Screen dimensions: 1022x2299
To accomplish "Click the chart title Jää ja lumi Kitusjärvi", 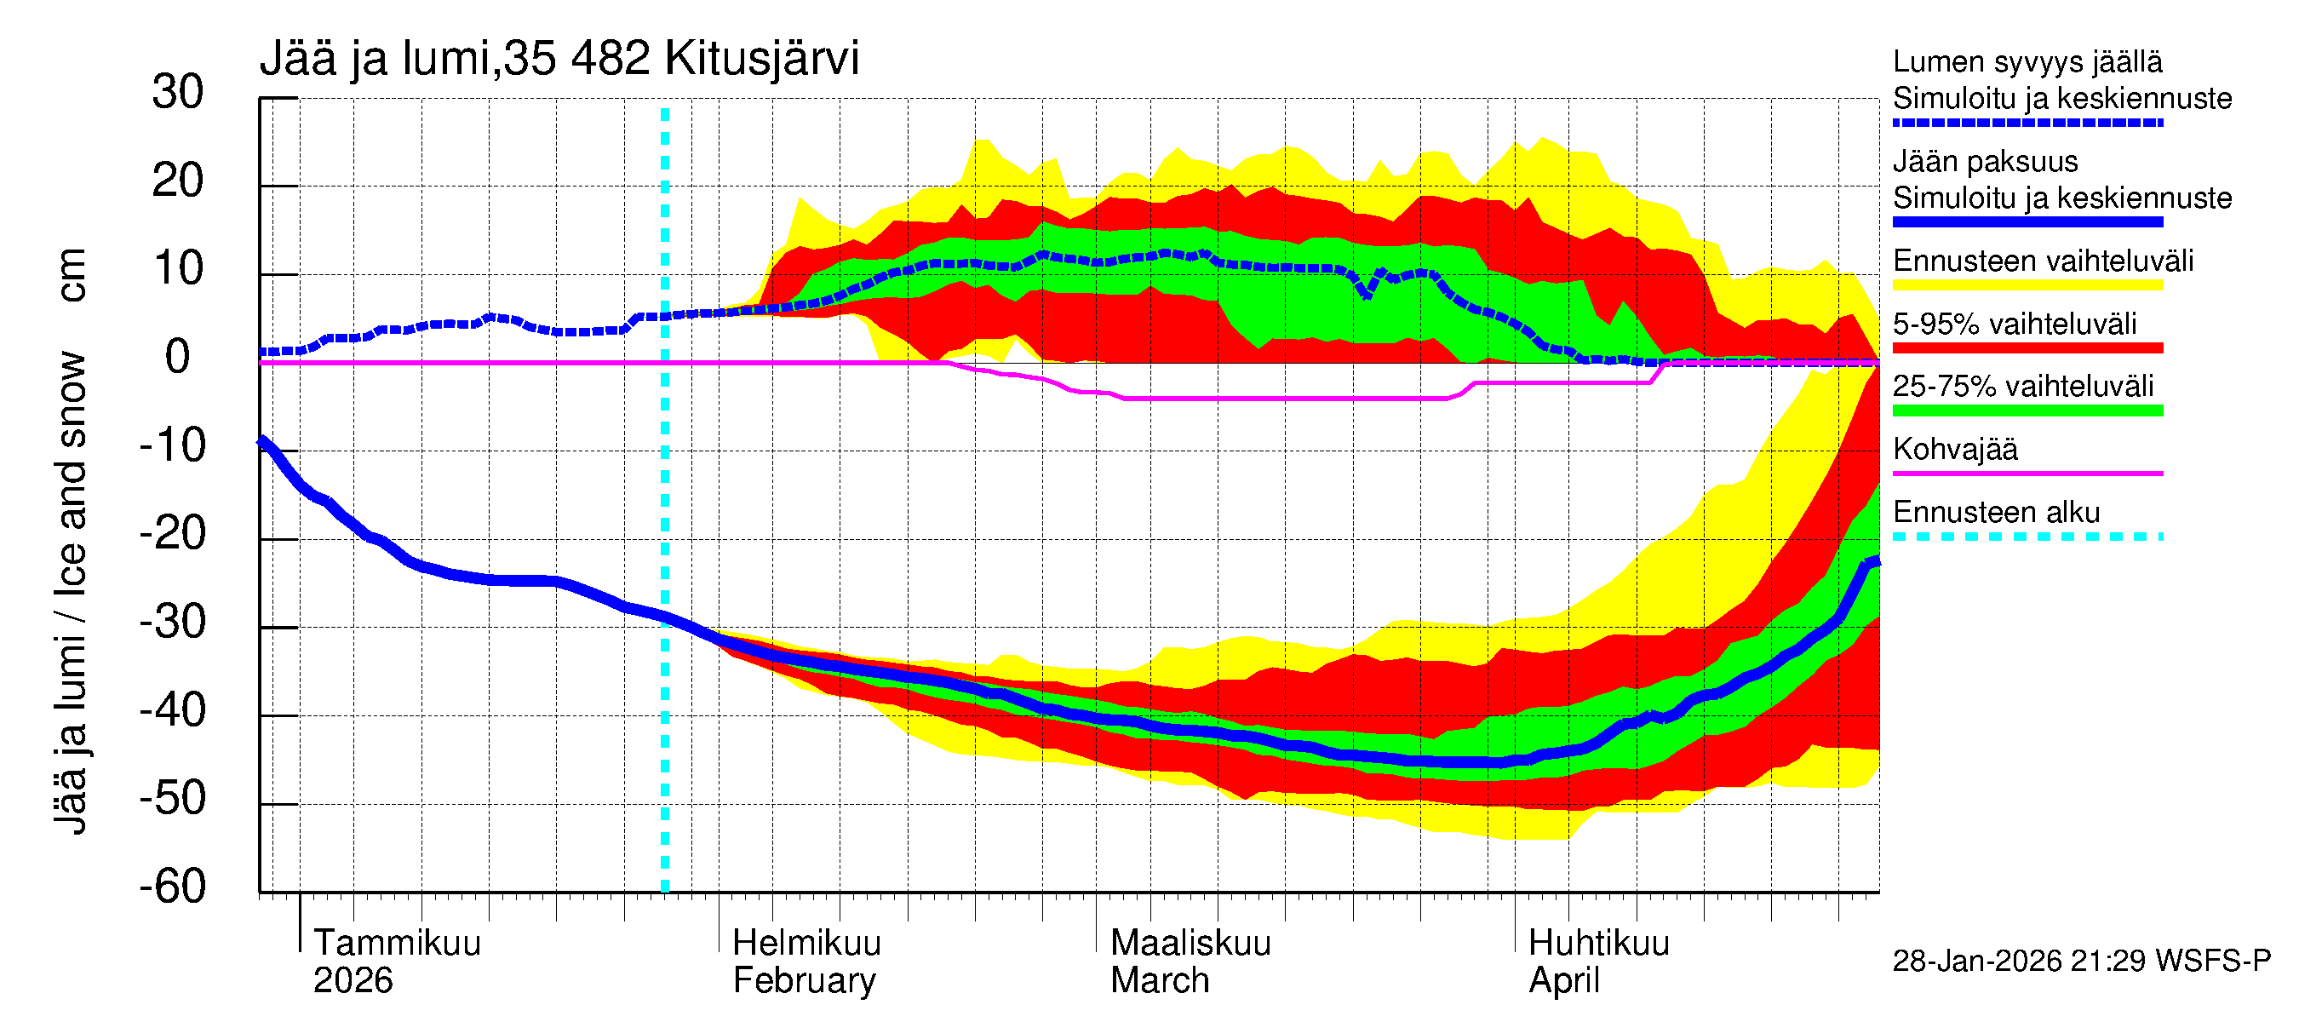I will (559, 59).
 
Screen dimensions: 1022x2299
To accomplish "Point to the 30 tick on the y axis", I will (178, 92).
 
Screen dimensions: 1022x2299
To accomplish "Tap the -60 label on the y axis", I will (172, 887).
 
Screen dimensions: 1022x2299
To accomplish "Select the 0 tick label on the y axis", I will (178, 357).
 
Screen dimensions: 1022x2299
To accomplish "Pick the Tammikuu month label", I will (397, 943).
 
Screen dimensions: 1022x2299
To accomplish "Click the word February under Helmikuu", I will (804, 981).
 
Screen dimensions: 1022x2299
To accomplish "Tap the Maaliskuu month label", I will (1190, 943).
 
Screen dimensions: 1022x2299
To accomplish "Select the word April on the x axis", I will (1563, 981).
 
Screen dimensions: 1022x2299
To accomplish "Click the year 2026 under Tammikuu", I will (353, 981).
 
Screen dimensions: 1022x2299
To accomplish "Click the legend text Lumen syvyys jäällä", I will (2027, 62).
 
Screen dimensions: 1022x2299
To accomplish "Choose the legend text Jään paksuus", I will (1985, 162).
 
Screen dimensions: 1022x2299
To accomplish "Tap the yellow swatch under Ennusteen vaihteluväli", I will (2027, 284).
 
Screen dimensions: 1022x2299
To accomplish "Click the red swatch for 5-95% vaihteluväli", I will (2027, 348).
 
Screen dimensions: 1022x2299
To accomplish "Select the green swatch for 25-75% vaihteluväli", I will (2027, 411).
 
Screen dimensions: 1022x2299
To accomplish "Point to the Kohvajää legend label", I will (1954, 449).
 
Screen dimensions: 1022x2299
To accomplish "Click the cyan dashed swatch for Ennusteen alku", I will (2027, 537).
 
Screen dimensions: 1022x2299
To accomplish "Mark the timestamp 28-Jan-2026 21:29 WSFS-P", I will (2081, 962).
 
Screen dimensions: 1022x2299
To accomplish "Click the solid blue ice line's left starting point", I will (262, 441).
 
